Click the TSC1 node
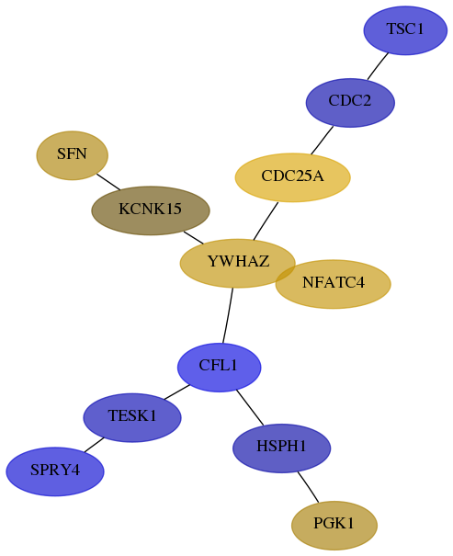click(x=405, y=30)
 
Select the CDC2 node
click(x=350, y=103)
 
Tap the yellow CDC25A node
click(x=293, y=177)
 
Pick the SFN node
click(x=73, y=155)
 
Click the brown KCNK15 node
click(x=151, y=210)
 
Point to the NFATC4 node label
click(x=334, y=283)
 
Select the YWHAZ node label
click(x=238, y=261)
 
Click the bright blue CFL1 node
click(x=219, y=368)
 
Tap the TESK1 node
click(x=132, y=417)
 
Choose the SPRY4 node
click(x=55, y=471)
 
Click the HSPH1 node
click(x=282, y=448)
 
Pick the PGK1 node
click(x=334, y=525)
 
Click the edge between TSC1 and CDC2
click(x=378, y=66)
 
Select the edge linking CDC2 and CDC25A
click(x=323, y=140)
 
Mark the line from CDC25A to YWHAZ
click(x=266, y=221)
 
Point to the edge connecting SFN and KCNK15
click(x=108, y=182)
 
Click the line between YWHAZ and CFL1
click(x=228, y=315)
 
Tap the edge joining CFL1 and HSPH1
click(x=250, y=407)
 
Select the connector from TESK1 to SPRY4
click(x=94, y=445)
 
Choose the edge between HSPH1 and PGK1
click(x=308, y=487)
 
